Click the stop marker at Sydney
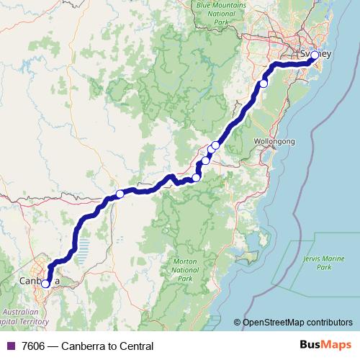coord(315,55)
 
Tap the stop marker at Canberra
coord(45,284)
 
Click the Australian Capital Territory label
coord(27,316)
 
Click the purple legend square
coord(9,346)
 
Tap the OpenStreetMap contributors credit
coord(297,323)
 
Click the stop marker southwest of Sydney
coord(264,84)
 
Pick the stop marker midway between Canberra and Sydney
coord(120,194)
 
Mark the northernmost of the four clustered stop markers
coord(215,145)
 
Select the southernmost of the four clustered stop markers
coord(196,178)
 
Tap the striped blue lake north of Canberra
coord(84,249)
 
